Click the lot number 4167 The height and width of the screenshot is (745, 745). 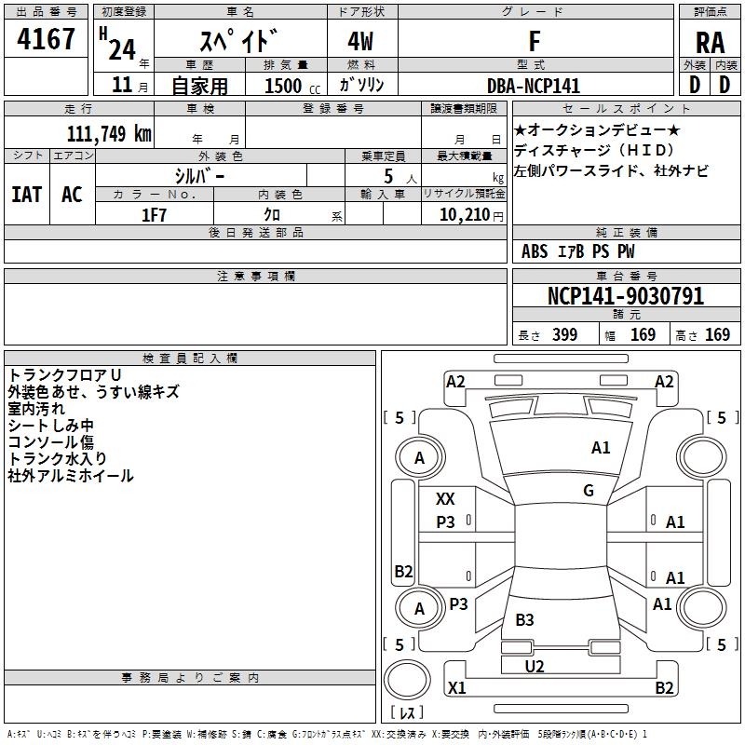(x=47, y=40)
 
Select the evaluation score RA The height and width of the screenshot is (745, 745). (x=710, y=43)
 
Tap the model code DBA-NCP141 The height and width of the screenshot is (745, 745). (x=534, y=86)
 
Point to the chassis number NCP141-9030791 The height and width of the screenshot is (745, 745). (x=625, y=297)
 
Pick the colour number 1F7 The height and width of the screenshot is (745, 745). (x=154, y=215)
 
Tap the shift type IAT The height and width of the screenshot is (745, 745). (x=26, y=195)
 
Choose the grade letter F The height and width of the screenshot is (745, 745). (x=535, y=43)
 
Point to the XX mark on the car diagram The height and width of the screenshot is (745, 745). (x=446, y=499)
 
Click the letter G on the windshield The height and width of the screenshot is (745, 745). (x=589, y=491)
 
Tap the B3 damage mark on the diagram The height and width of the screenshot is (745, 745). (x=524, y=620)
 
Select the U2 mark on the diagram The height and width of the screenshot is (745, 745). (x=535, y=667)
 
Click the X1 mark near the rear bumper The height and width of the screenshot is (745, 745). (x=456, y=688)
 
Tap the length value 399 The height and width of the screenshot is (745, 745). (x=564, y=335)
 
